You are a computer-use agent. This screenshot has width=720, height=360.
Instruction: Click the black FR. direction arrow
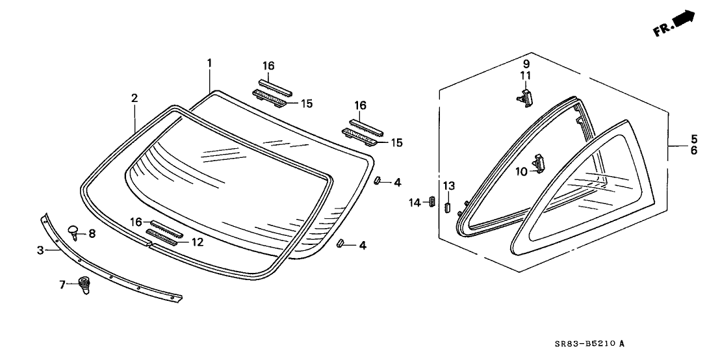tap(685, 19)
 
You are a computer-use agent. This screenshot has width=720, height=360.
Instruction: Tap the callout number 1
tap(209, 62)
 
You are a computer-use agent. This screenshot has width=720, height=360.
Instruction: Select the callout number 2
tap(134, 98)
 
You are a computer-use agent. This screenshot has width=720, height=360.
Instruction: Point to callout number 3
tap(40, 250)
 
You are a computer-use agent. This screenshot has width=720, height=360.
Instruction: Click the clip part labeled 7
tap(84, 285)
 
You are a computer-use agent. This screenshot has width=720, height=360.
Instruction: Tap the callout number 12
tap(197, 242)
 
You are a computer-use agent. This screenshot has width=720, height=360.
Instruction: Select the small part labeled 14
tap(431, 201)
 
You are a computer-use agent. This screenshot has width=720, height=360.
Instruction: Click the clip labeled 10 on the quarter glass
tap(539, 162)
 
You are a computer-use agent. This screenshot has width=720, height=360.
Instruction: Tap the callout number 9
tap(526, 64)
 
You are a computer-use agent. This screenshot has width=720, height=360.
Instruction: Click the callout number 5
tap(694, 138)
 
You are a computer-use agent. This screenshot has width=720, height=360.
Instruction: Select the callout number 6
tap(694, 150)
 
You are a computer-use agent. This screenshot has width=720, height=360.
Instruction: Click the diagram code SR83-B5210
tap(581, 344)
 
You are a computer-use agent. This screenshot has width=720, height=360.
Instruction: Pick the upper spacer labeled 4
tap(377, 181)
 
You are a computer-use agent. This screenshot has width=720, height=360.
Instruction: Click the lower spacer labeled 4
tap(341, 243)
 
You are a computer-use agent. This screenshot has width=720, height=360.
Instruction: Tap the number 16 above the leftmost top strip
tap(268, 66)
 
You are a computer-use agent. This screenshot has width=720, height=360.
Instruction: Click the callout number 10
tap(521, 172)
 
